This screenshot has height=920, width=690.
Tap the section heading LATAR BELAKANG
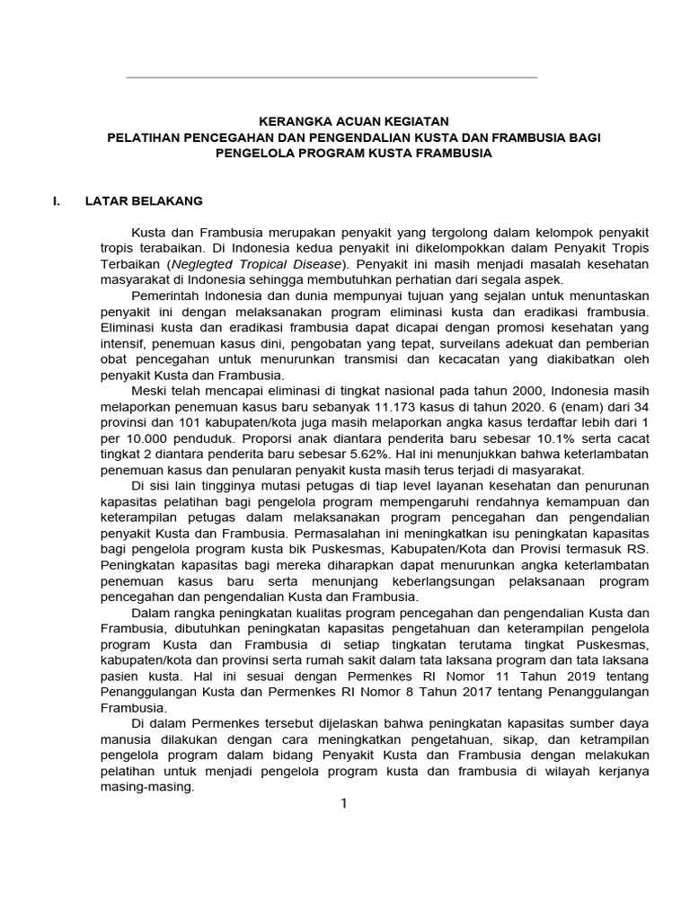point(143,199)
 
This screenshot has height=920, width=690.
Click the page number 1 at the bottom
point(342,803)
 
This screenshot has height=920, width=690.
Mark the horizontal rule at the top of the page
point(332,77)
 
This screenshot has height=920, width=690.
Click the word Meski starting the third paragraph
point(148,388)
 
